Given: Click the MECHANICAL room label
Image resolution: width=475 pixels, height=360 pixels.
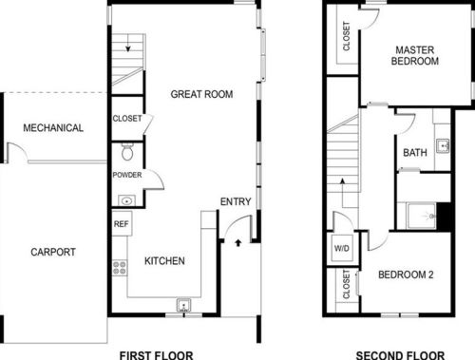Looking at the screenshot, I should coord(53,128).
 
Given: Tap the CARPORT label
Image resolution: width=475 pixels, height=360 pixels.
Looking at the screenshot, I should coord(53,252).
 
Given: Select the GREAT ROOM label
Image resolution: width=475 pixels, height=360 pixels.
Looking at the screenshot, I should coord(202,94).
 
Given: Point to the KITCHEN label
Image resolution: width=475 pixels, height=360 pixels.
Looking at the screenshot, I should coord(164,261).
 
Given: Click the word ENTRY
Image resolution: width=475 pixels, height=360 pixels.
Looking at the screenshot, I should coord(235,201).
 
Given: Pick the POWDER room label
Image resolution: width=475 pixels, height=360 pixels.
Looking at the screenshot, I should coord(126,176).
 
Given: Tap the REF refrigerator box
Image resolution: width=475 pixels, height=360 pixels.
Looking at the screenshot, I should coord(121,225).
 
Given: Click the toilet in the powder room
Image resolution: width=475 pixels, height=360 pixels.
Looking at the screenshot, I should coord(128,153).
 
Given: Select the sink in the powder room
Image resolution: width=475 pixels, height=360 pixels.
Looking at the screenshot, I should coord(127,200).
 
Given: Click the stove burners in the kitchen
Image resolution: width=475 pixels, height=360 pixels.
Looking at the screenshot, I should coord(120,267).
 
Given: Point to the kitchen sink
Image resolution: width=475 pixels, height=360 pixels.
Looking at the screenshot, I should coord(185,305).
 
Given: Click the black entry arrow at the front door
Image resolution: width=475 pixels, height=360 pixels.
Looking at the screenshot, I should coord(236,243).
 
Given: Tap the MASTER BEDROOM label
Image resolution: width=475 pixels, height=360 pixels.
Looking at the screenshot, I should coord(415,54).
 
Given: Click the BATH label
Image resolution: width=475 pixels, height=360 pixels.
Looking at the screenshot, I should coord(415,153).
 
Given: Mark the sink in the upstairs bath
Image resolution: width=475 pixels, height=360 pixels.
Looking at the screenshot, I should coord(442,146).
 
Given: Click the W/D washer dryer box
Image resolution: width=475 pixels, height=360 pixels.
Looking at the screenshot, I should coord(341,250).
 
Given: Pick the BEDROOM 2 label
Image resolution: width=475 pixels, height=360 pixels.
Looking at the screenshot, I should coord(406,275).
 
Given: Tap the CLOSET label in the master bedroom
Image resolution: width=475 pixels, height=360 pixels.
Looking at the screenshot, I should coord(346,36).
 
